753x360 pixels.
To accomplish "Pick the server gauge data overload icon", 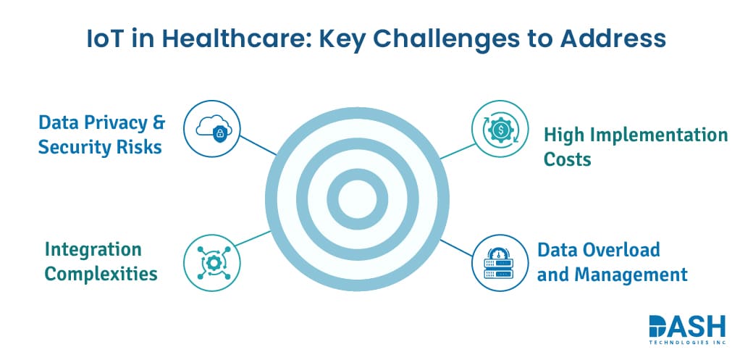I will [499, 262].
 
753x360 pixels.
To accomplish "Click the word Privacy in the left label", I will [115, 122].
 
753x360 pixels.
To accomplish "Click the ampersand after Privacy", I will [159, 122].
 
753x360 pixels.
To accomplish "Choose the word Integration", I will [93, 250].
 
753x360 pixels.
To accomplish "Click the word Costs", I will [568, 159].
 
